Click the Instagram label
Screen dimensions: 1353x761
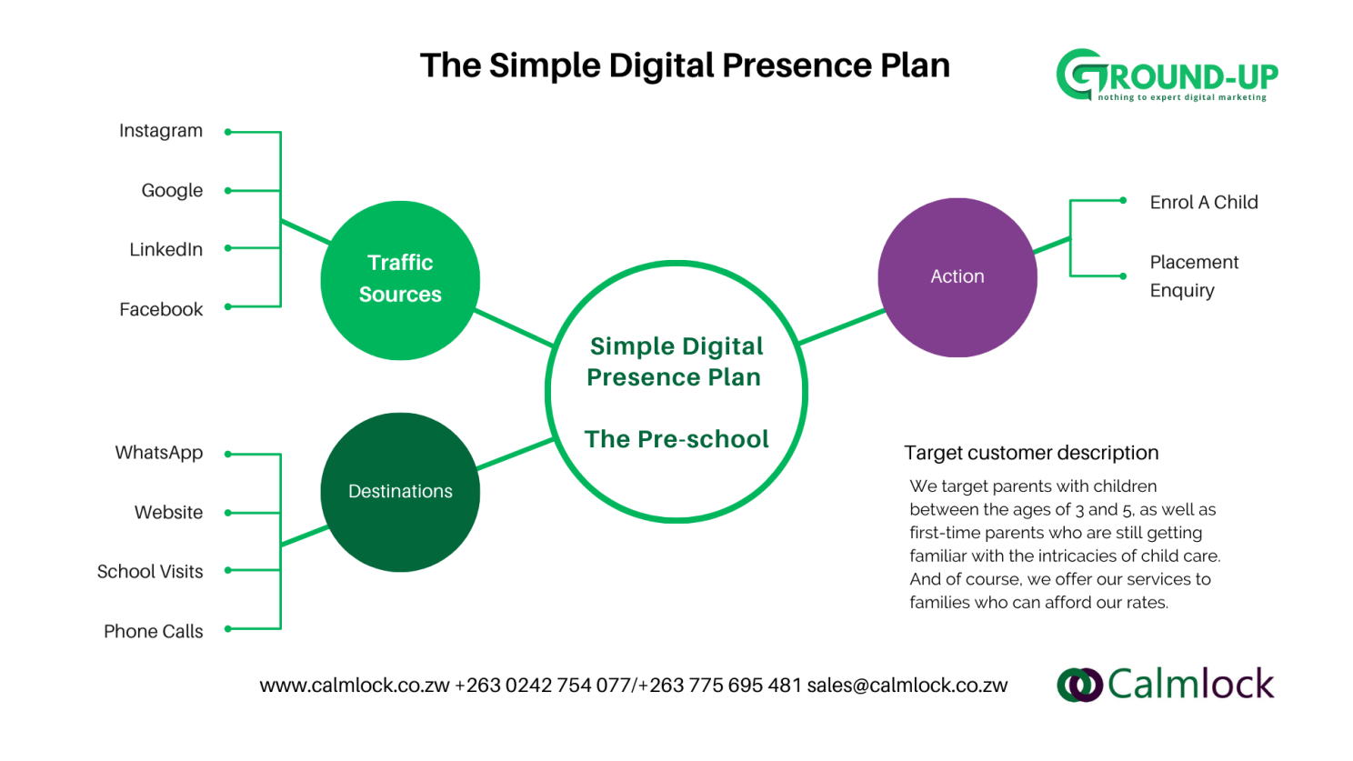tap(161, 131)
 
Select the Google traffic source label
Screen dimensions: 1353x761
tap(172, 191)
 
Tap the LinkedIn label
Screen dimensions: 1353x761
tap(166, 249)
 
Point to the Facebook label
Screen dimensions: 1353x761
tap(161, 309)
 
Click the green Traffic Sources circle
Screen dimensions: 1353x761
tap(400, 280)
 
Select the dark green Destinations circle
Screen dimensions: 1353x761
tap(400, 492)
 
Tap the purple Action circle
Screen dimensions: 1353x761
tap(957, 277)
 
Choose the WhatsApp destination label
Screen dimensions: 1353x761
tap(159, 453)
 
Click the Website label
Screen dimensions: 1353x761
tap(168, 512)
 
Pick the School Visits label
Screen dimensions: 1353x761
tap(150, 571)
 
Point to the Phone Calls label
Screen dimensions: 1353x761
tap(154, 631)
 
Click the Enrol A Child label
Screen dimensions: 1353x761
tap(1204, 203)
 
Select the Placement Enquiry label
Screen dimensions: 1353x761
tap(1194, 276)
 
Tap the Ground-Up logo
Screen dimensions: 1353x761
tap(1167, 75)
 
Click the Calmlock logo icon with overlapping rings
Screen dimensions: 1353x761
tap(1080, 685)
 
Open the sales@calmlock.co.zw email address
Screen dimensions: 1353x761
tap(907, 686)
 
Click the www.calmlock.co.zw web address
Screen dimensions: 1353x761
tap(355, 686)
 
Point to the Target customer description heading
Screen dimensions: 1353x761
tap(1031, 453)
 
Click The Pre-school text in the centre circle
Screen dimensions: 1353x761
tap(676, 439)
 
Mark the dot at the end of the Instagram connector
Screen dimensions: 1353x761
tap(227, 132)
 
